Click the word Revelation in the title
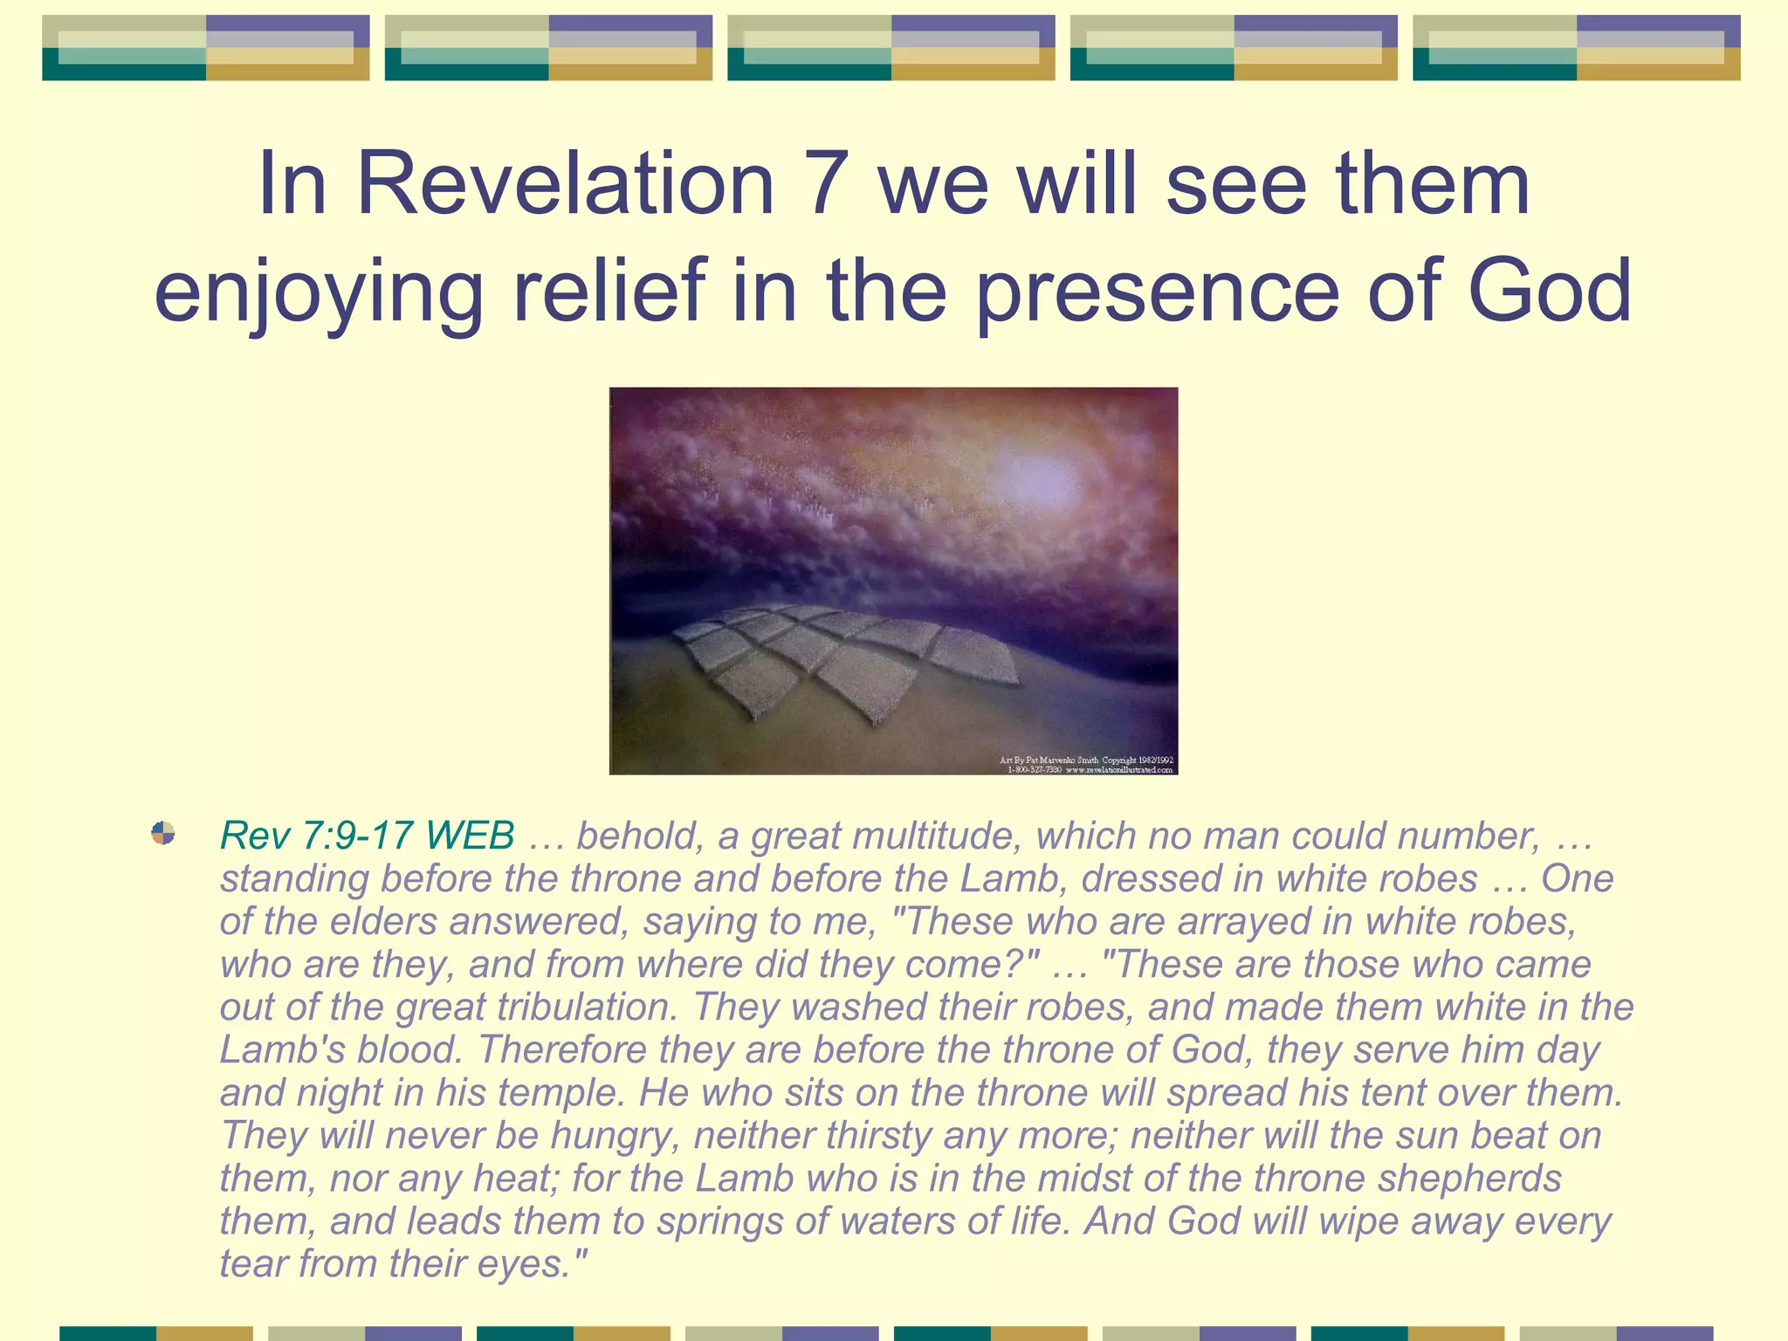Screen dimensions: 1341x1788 (x=566, y=184)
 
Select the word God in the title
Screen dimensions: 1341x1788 (x=1549, y=290)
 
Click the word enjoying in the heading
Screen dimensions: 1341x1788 (x=319, y=292)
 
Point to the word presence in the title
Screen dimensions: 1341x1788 (x=1157, y=292)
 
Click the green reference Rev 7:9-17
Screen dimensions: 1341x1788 (x=316, y=836)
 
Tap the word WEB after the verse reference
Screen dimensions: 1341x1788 (x=471, y=836)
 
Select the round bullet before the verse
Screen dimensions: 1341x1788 (x=163, y=833)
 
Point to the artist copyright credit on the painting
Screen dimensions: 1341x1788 (x=1086, y=765)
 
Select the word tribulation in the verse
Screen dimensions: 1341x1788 (x=587, y=1007)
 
